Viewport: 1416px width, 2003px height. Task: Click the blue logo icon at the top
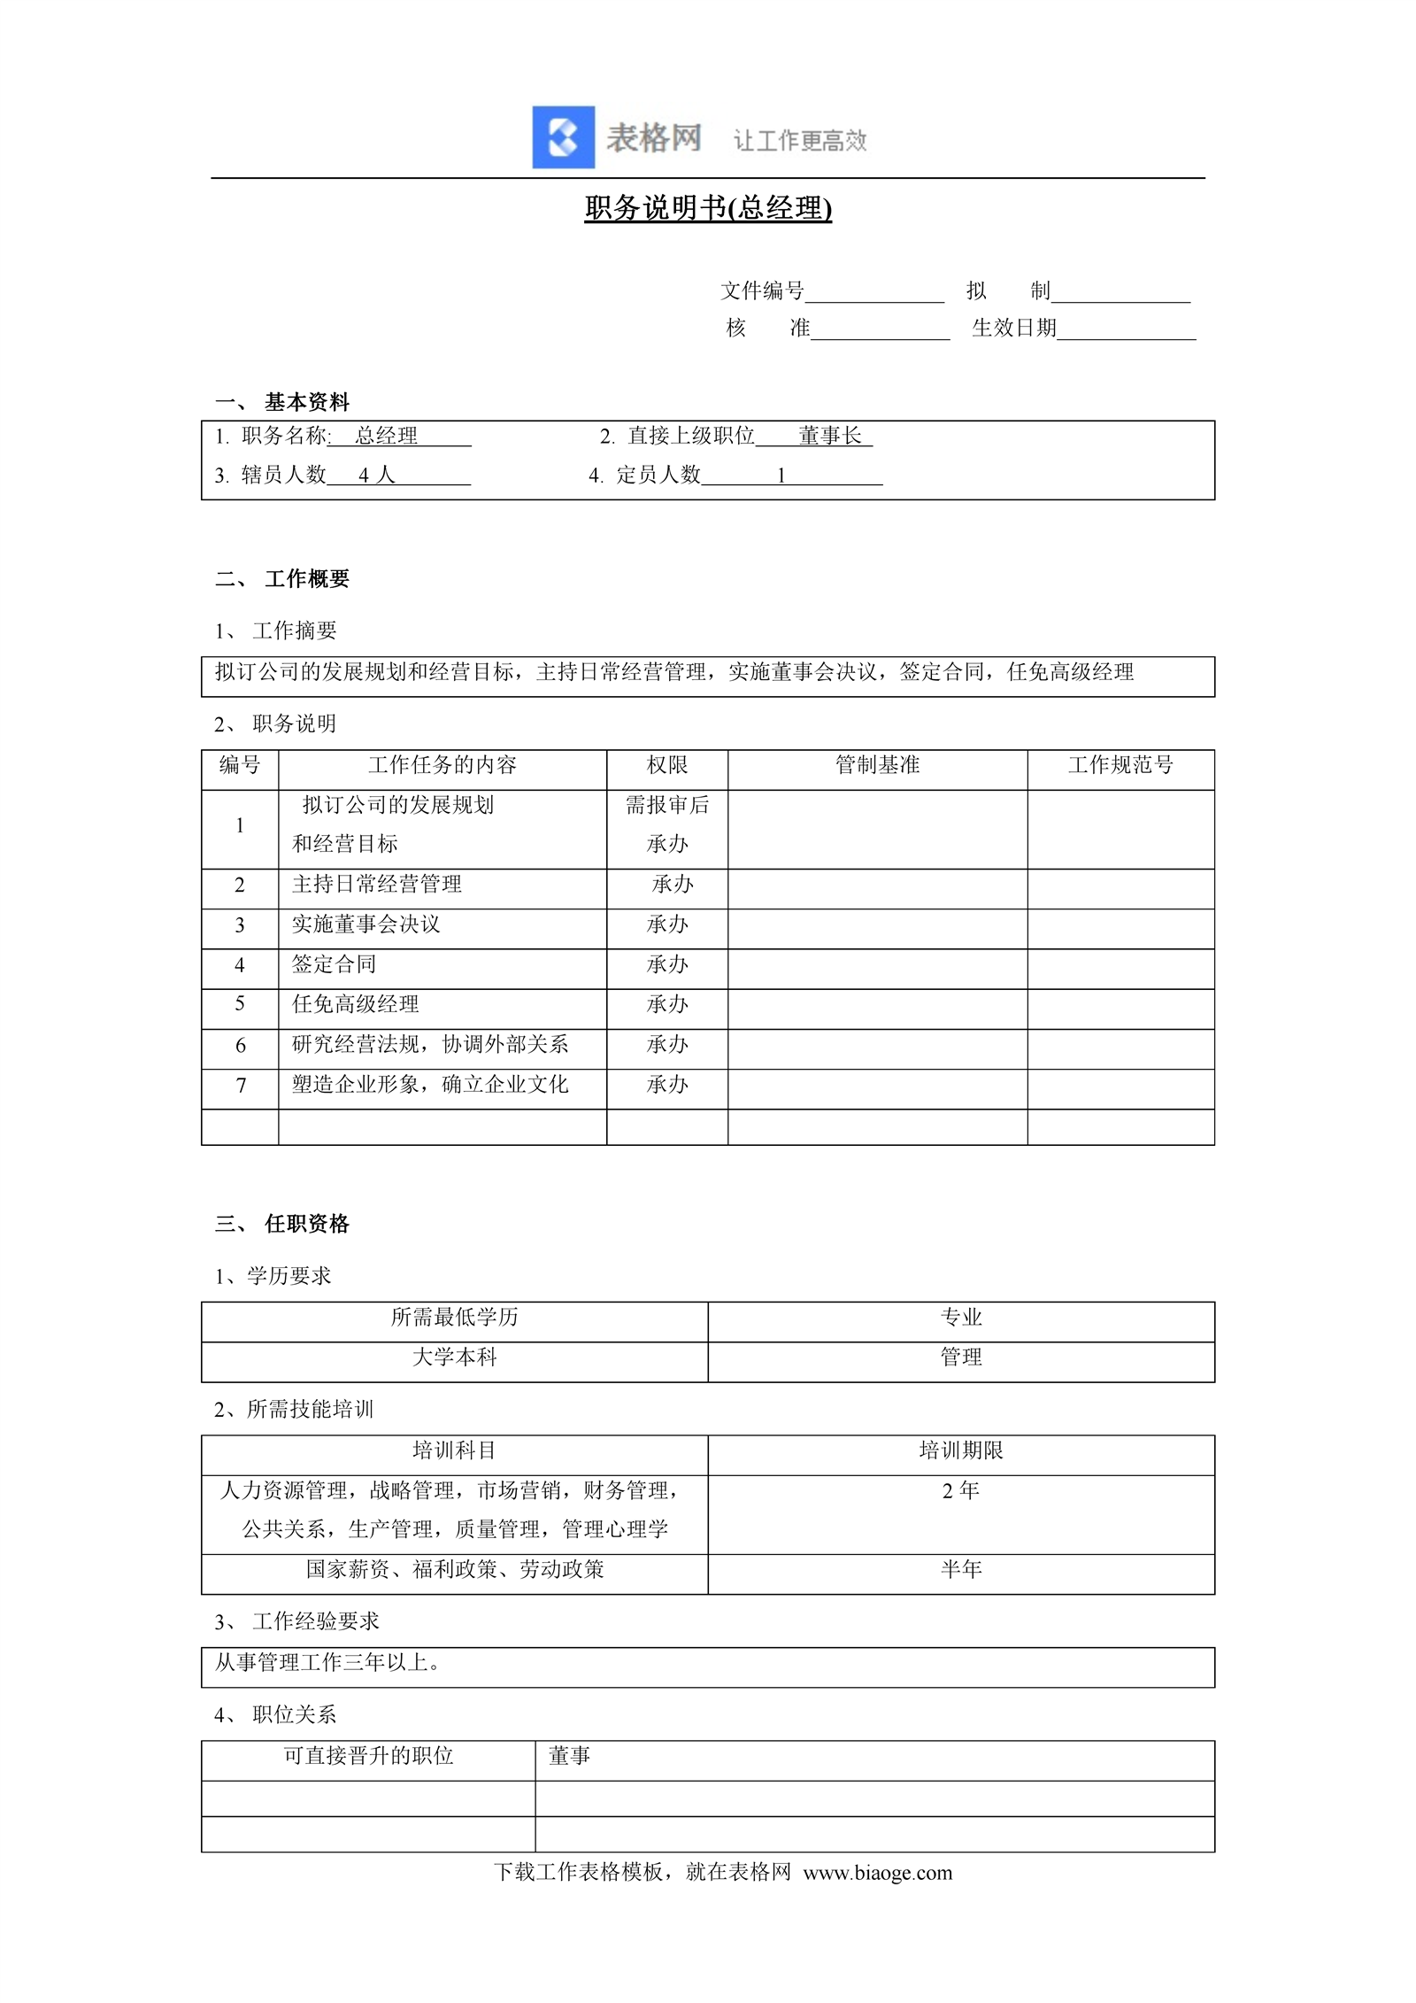pyautogui.click(x=563, y=137)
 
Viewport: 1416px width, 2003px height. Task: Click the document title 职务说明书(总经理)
pyautogui.click(x=708, y=208)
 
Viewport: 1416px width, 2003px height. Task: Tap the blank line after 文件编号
pyautogui.click(x=874, y=293)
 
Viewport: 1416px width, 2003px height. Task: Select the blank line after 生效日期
pyautogui.click(x=1126, y=330)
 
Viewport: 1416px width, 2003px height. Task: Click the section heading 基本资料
pyautogui.click(x=306, y=402)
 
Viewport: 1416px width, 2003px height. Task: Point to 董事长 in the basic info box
pyautogui.click(x=830, y=436)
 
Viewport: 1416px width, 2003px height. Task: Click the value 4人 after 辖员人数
pyautogui.click(x=376, y=476)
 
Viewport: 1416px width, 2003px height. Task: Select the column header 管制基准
pyautogui.click(x=877, y=765)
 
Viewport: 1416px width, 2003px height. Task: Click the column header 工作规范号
pyautogui.click(x=1120, y=765)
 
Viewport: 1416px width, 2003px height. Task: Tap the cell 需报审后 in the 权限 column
pyautogui.click(x=667, y=805)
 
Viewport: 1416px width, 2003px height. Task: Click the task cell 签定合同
pyautogui.click(x=335, y=964)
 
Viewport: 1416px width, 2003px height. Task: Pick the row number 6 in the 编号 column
pyautogui.click(x=240, y=1045)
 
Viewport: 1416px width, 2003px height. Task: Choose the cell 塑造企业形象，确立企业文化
pyautogui.click(x=430, y=1085)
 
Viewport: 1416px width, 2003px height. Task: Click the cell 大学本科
pyautogui.click(x=454, y=1357)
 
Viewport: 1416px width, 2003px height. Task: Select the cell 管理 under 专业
pyautogui.click(x=961, y=1357)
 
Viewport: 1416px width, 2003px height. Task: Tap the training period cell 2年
pyautogui.click(x=961, y=1491)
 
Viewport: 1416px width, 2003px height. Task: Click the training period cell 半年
pyautogui.click(x=961, y=1570)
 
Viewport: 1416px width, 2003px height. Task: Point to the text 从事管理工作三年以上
pyautogui.click(x=327, y=1663)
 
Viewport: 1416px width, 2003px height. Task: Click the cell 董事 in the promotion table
pyautogui.click(x=569, y=1756)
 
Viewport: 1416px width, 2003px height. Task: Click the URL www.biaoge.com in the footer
pyautogui.click(x=878, y=1873)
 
